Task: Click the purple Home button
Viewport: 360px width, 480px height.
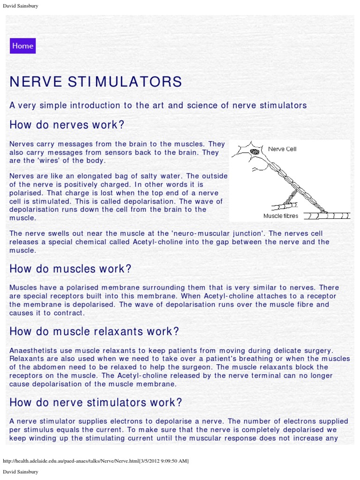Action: tap(22, 46)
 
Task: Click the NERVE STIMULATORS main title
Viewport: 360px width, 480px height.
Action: tap(96, 82)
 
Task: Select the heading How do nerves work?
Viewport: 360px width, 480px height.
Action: tap(67, 125)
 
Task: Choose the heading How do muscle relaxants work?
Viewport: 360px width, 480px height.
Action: tap(94, 331)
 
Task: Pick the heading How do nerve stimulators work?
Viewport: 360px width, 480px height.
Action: tap(96, 402)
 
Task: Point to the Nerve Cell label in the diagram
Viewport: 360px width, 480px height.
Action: tap(282, 149)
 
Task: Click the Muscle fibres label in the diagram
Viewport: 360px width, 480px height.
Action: tap(281, 216)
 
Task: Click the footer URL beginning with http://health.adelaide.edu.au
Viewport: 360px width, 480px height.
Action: tap(96, 461)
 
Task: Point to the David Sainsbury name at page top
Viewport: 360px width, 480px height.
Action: tap(21, 6)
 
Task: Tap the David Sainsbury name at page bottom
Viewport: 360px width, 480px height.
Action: tap(21, 471)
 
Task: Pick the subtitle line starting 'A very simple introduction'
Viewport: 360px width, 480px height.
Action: tap(158, 105)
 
